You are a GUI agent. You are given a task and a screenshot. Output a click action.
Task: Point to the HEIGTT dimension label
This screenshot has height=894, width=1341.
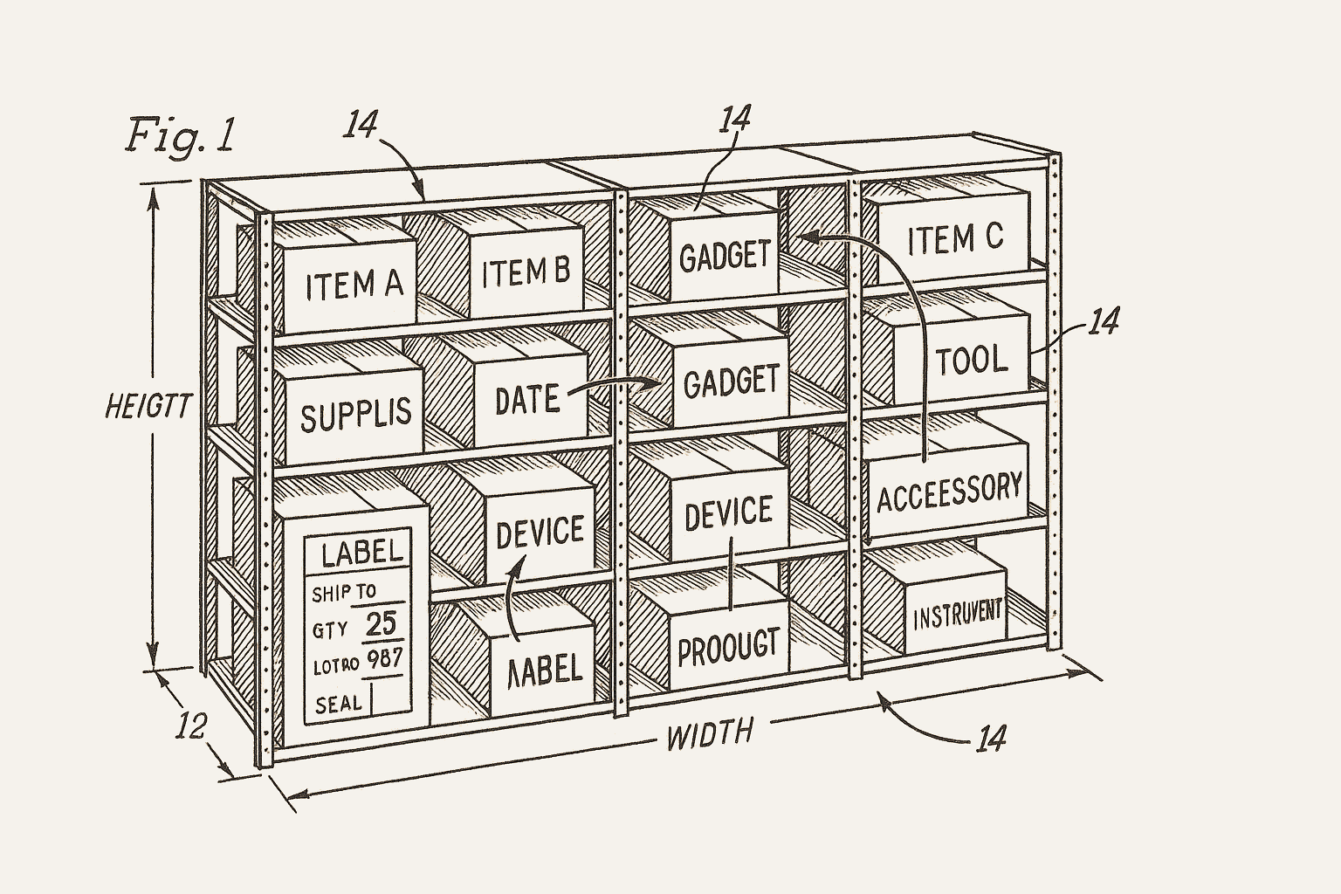(147, 407)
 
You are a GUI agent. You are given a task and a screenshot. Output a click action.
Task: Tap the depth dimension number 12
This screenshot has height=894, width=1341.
(193, 726)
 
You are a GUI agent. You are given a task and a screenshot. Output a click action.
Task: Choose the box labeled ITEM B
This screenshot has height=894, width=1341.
(526, 272)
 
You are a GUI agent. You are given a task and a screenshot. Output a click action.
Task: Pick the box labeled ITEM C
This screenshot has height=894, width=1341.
(955, 238)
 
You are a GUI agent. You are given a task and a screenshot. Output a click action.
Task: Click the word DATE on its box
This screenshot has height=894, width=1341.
(526, 400)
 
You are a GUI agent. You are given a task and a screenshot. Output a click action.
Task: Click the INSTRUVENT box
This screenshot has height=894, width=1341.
(958, 615)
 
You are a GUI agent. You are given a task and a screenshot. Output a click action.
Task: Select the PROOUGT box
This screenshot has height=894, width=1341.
(727, 647)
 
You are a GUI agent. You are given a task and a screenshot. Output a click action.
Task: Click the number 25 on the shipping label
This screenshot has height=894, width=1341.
(381, 623)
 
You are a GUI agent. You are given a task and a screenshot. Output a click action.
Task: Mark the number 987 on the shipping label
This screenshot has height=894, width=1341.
(383, 659)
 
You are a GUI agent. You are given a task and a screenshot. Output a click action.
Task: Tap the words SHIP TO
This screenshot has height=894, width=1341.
(343, 593)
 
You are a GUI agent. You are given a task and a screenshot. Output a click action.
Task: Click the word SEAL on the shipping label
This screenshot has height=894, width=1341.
(338, 704)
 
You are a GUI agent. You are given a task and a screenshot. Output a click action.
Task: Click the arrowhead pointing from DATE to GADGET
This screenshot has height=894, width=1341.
(652, 382)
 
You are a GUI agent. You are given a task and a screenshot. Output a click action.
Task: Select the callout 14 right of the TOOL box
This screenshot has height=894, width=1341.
(1104, 322)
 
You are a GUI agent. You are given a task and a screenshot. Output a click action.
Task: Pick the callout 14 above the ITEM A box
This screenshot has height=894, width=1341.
(359, 125)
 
